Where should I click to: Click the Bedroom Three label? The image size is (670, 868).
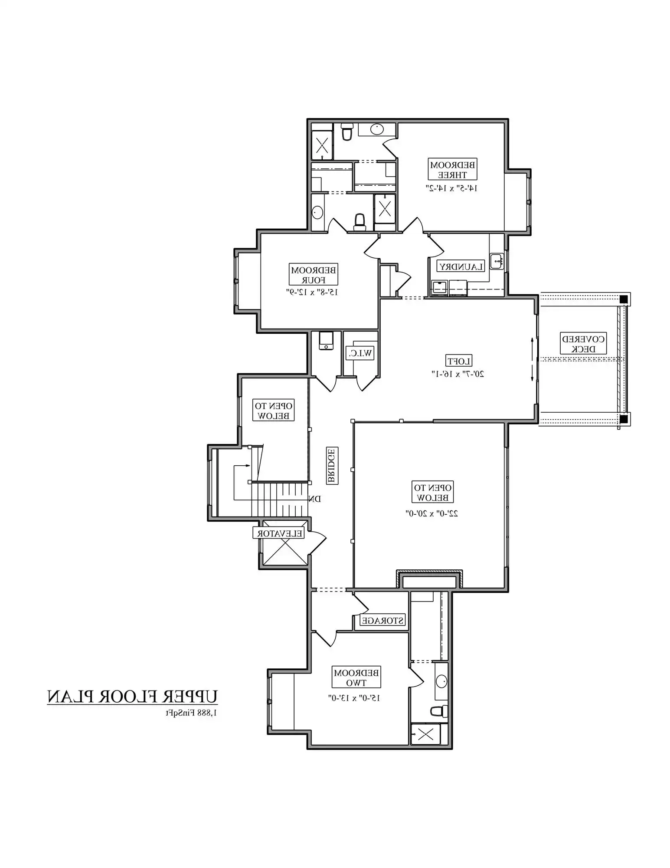point(452,169)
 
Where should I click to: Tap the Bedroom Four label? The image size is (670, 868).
point(313,275)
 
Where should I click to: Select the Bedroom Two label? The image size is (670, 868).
point(356,677)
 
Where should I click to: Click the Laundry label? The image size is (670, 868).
point(461,266)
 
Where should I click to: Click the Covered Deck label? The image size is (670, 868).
point(583,344)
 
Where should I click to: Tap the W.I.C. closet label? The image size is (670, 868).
point(360,353)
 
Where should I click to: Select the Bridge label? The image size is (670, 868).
point(331,466)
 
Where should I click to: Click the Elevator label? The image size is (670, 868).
point(279,533)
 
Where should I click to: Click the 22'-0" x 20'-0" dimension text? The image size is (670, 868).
point(432,513)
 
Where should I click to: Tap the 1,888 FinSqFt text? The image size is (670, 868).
point(191,713)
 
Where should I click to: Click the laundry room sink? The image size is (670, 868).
point(497,261)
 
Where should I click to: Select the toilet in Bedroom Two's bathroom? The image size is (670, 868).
point(439,711)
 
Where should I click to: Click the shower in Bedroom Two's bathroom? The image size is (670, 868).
point(425,734)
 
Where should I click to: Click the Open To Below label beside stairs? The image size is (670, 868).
point(273,411)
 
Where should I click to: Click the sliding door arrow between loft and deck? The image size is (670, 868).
point(532,360)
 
